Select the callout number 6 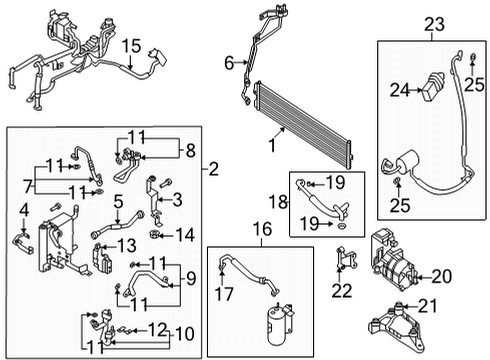229,64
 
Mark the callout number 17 222,293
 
